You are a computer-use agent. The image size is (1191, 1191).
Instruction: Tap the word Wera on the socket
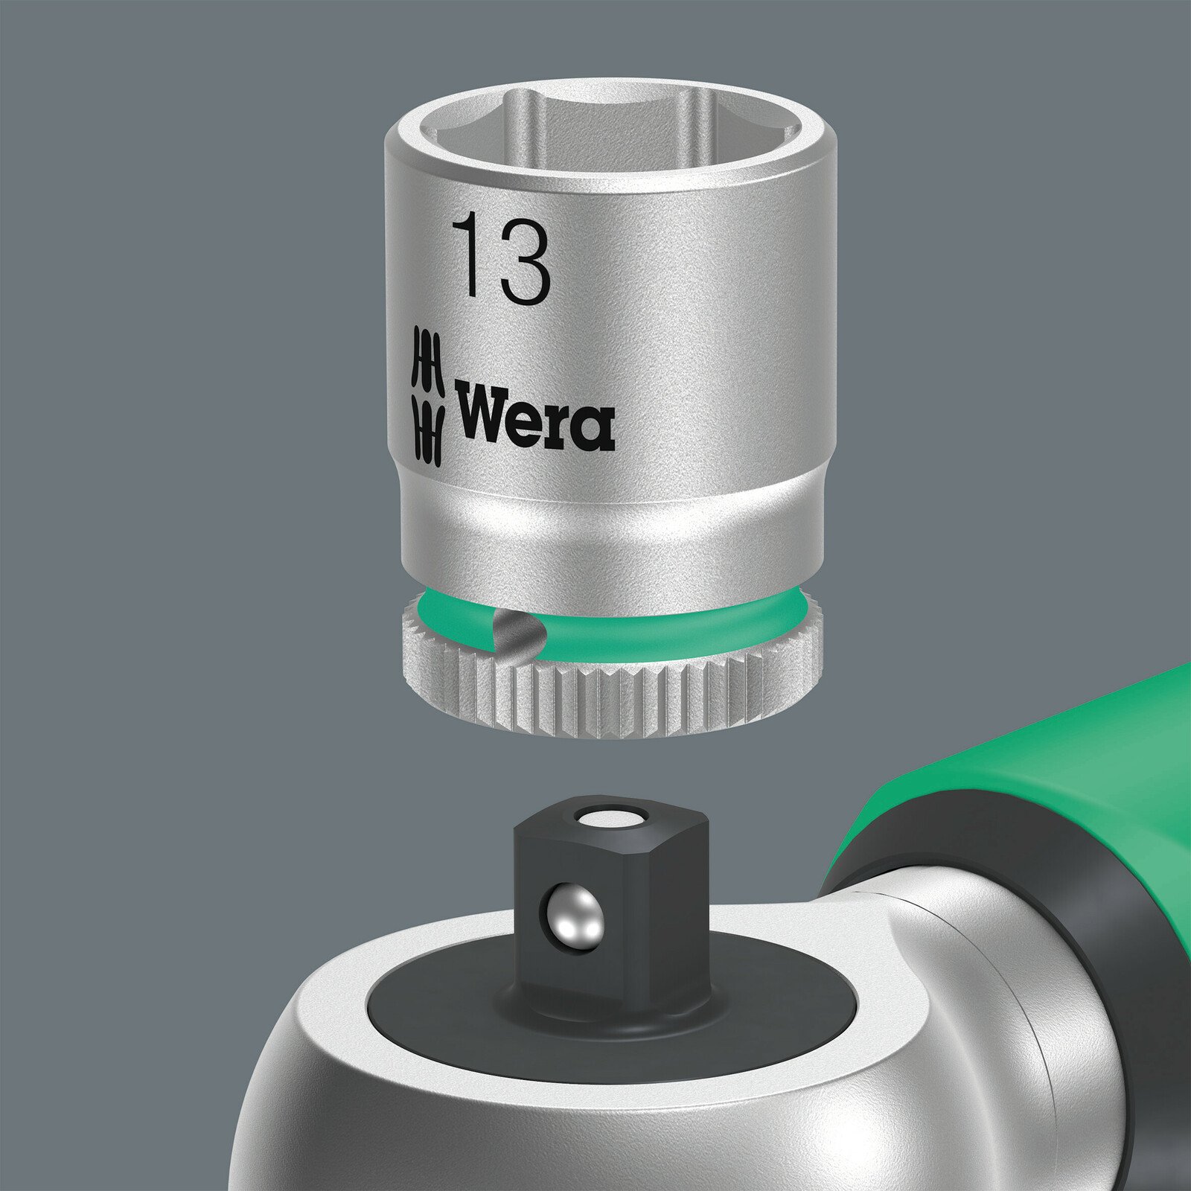(x=534, y=417)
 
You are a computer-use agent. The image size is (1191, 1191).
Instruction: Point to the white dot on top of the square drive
(x=610, y=820)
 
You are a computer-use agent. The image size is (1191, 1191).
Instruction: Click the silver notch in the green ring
(x=517, y=628)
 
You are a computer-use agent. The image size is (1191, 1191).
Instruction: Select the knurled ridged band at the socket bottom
(x=610, y=703)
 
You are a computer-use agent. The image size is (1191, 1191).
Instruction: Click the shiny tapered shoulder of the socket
(x=610, y=521)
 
